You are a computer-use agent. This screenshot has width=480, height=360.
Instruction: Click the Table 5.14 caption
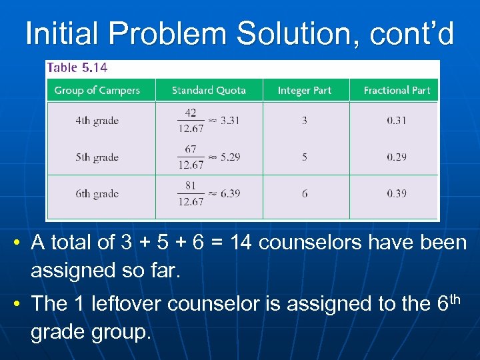pyautogui.click(x=77, y=67)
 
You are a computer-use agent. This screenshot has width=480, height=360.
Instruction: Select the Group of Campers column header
pyautogui.click(x=97, y=90)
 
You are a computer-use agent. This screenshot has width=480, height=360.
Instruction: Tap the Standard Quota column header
pyautogui.click(x=209, y=90)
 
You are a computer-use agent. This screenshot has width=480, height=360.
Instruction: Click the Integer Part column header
pyautogui.click(x=305, y=90)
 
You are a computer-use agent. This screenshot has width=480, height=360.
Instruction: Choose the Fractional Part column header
pyautogui.click(x=397, y=90)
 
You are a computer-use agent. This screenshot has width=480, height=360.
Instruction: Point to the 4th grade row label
pyautogui.click(x=97, y=121)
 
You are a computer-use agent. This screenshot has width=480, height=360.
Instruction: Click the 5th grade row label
pyautogui.click(x=97, y=157)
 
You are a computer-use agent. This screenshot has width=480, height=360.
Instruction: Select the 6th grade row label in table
pyautogui.click(x=97, y=193)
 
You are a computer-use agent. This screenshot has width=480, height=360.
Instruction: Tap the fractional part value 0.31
pyautogui.click(x=396, y=121)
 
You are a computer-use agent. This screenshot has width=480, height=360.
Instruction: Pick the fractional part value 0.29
pyautogui.click(x=396, y=157)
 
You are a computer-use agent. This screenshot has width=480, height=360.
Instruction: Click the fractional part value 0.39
pyautogui.click(x=396, y=193)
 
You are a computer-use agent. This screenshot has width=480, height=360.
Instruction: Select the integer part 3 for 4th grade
pyautogui.click(x=305, y=121)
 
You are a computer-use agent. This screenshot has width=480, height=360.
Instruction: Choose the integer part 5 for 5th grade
pyautogui.click(x=305, y=157)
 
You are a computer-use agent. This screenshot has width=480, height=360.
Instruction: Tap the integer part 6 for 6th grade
pyautogui.click(x=305, y=193)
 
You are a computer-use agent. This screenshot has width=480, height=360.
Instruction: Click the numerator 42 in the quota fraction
pyautogui.click(x=191, y=113)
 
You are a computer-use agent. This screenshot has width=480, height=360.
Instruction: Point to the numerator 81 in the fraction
pyautogui.click(x=191, y=186)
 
